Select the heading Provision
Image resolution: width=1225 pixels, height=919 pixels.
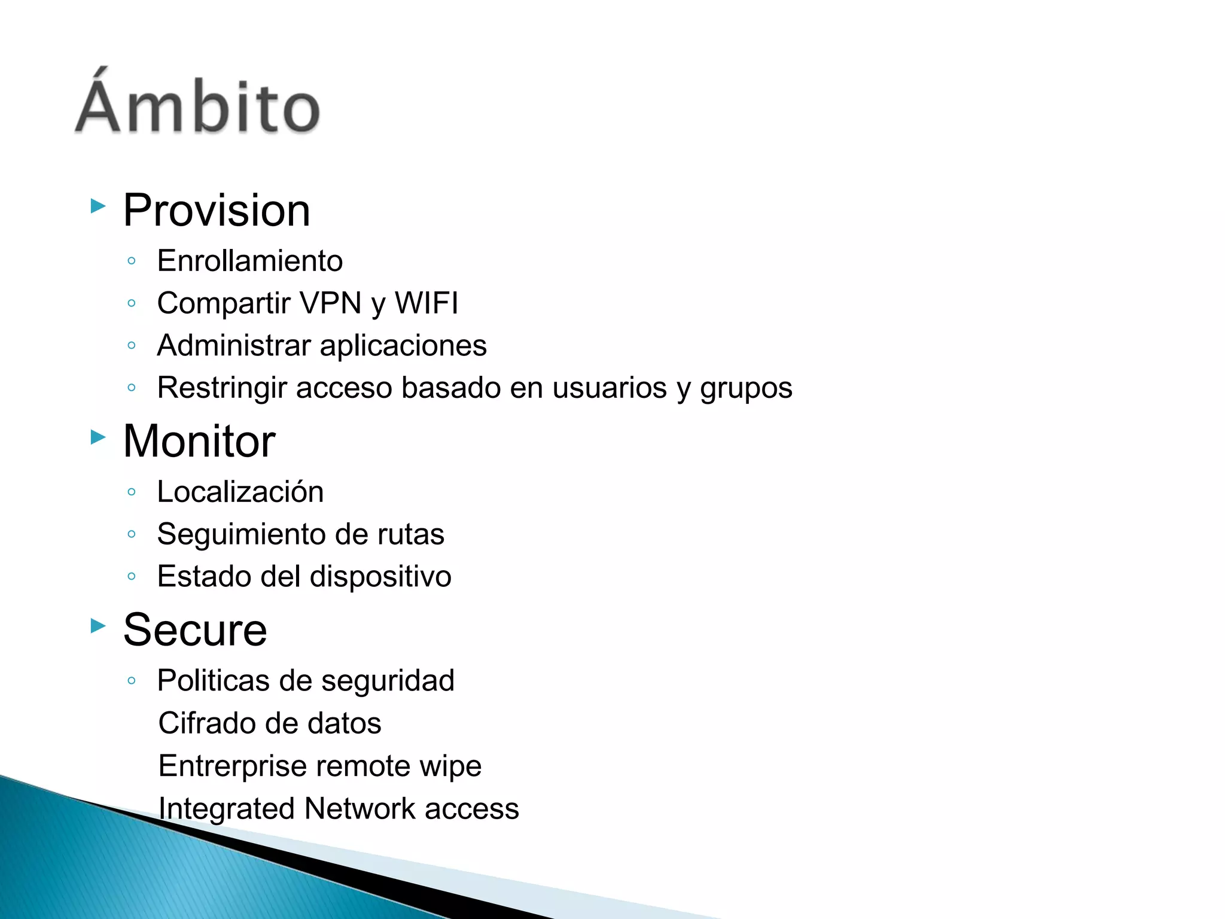click(x=217, y=211)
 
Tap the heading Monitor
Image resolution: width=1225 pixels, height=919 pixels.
click(x=199, y=442)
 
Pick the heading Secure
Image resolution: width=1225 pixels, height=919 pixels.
click(x=195, y=630)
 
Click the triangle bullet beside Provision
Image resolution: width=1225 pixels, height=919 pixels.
click(x=98, y=206)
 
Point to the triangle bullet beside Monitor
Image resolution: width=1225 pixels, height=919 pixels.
click(x=98, y=437)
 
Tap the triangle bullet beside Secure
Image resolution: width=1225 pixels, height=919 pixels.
click(x=98, y=626)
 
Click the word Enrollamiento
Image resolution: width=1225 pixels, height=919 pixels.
click(x=249, y=261)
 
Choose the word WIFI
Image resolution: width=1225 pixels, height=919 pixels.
click(x=426, y=303)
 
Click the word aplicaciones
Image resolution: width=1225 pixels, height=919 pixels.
click(x=403, y=346)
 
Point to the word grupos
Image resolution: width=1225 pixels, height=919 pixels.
click(x=746, y=388)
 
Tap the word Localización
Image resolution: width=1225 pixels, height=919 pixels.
click(x=240, y=492)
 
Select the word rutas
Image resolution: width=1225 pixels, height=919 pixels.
click(x=410, y=534)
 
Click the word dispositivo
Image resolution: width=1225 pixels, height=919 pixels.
click(x=380, y=577)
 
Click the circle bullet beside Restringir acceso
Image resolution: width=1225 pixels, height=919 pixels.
click(x=132, y=388)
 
